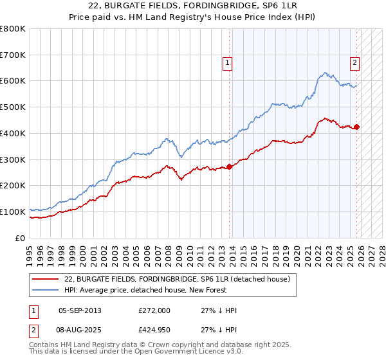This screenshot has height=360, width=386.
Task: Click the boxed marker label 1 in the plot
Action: click(228, 62)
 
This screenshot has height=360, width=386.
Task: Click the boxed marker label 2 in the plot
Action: click(354, 62)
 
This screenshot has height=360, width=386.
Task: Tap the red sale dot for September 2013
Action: click(230, 166)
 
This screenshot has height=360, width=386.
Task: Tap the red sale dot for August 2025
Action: click(357, 127)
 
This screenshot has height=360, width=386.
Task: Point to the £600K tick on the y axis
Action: click(13, 81)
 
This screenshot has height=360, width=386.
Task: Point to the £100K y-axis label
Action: click(13, 212)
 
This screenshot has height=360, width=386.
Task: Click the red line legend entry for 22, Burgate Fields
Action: click(178, 279)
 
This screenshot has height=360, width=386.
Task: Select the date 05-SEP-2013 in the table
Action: click(80, 310)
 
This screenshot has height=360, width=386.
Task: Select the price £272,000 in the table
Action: click(154, 310)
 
